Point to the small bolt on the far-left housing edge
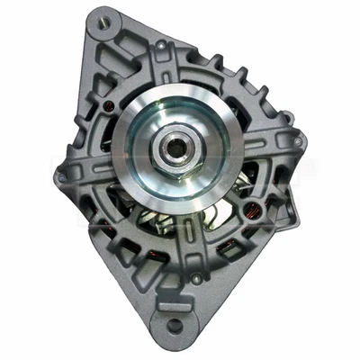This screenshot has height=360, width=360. tap(60, 176)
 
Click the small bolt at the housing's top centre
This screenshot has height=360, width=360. tap(160, 43)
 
